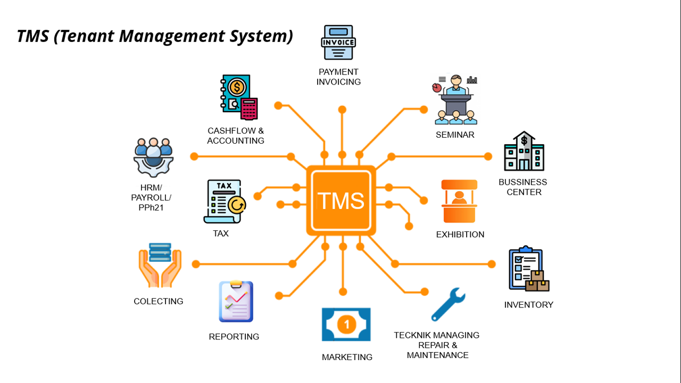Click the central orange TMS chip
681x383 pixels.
[341, 201]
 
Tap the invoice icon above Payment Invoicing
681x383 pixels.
[338, 43]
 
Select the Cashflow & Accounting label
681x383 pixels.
[236, 136]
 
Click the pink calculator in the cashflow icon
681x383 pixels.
[249, 109]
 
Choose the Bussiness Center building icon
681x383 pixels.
[524, 151]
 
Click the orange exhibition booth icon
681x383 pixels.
[459, 201]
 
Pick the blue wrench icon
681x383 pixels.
[449, 304]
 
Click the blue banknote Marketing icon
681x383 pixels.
[346, 324]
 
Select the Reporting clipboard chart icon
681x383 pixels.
[236, 302]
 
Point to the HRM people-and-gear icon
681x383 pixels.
[153, 157]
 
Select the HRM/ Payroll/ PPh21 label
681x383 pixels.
[151, 197]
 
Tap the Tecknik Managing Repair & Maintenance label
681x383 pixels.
[437, 345]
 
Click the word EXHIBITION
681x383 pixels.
[460, 235]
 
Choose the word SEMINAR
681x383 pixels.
[455, 135]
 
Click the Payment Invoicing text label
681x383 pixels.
[338, 77]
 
